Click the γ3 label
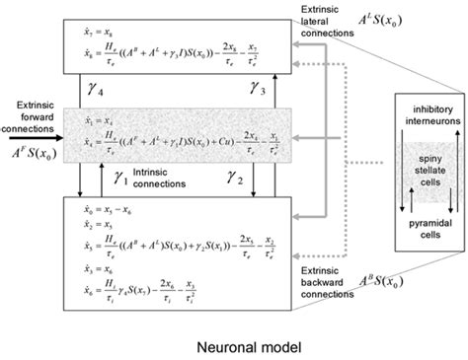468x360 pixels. pos(257,91)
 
